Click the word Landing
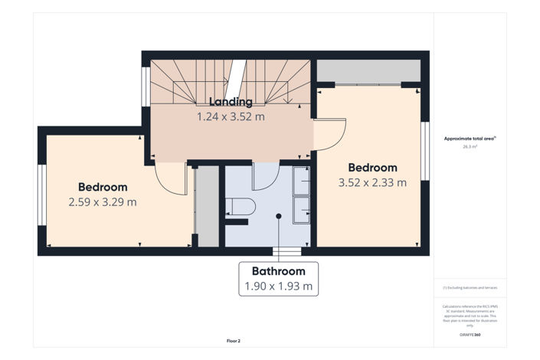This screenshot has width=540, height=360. click(231, 102)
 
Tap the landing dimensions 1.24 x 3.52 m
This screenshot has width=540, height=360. click(231, 117)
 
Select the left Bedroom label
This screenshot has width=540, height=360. click(103, 187)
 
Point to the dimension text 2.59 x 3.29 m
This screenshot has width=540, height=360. click(103, 202)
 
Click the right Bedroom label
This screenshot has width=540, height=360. click(372, 168)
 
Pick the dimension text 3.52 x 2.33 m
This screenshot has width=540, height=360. click(372, 182)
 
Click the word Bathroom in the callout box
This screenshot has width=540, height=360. click(279, 271)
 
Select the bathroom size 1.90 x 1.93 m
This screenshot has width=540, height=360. click(279, 286)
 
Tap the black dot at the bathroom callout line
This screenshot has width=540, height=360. click(279, 216)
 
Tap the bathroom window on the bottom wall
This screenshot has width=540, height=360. click(287, 250)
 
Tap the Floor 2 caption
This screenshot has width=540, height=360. click(234, 340)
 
